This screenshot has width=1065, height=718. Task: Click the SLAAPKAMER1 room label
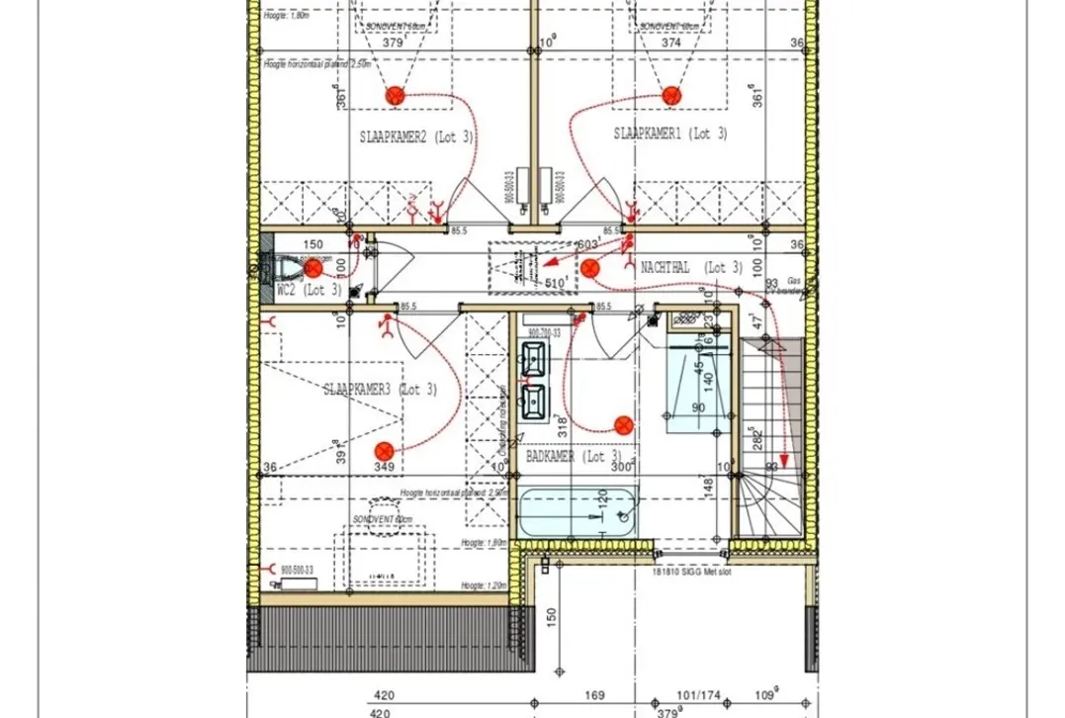[x=669, y=134]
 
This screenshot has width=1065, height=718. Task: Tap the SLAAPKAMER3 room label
[x=380, y=390]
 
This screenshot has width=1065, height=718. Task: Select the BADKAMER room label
[x=578, y=457]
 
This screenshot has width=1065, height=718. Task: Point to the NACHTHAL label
[x=691, y=268]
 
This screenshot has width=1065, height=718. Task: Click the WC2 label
[x=309, y=291]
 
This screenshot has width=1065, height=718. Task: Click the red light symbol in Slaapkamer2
[x=396, y=96]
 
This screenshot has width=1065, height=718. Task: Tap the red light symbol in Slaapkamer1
[x=670, y=95]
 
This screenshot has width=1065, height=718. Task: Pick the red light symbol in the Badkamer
[x=624, y=425]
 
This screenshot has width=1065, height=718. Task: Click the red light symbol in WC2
[x=312, y=268]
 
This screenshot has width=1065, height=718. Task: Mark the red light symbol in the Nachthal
[x=590, y=267]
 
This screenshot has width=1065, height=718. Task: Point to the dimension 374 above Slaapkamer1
[x=670, y=43]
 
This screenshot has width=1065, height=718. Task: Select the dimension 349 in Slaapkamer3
[x=385, y=467]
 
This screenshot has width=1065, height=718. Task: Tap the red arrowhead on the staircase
[x=783, y=460]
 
